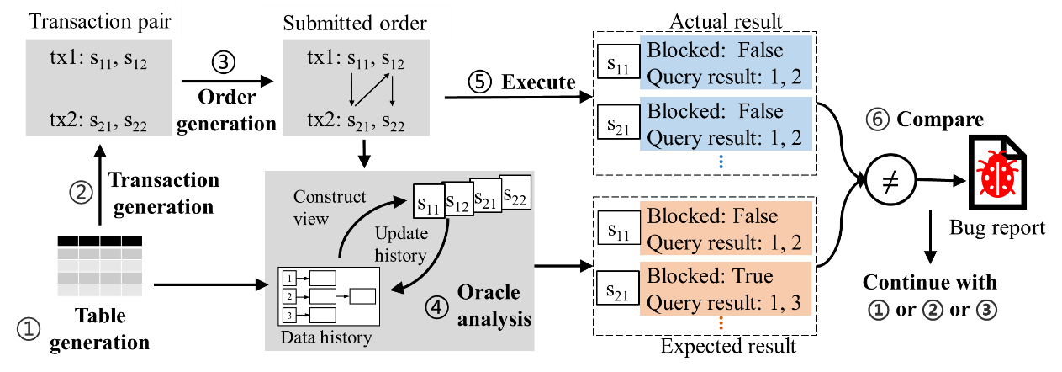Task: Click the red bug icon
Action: click(997, 174)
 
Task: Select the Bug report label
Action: click(996, 227)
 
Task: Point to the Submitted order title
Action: click(353, 24)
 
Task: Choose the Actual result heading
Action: click(726, 20)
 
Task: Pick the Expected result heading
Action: click(726, 347)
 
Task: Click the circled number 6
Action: click(877, 120)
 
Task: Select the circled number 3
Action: click(986, 310)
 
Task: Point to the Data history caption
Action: click(324, 338)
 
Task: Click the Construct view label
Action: click(330, 206)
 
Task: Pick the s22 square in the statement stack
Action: click(515, 194)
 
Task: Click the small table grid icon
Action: click(99, 266)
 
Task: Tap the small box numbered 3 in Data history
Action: click(288, 315)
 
